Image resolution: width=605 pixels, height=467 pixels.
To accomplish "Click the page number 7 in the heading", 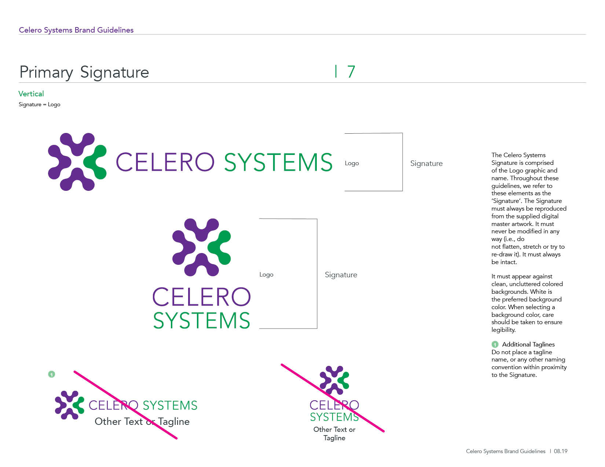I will [351, 72].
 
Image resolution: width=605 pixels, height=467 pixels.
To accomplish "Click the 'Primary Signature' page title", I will [84, 72].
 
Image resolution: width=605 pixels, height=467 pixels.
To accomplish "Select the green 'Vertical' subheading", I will [31, 94].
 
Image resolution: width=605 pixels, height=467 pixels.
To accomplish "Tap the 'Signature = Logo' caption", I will [40, 104].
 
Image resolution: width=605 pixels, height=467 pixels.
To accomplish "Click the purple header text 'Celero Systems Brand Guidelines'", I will [76, 30].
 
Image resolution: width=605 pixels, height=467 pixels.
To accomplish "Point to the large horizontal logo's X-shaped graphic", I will [77, 162].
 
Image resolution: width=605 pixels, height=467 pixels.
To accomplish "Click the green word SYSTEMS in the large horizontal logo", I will [278, 163].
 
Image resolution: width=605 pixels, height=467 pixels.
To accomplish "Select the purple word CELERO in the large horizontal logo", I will [165, 163].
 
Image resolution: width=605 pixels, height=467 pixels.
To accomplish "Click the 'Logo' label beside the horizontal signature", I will [352, 163].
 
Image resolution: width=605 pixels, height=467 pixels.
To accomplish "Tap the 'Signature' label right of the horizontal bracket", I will [426, 163].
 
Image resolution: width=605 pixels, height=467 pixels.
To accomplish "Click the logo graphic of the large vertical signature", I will [201, 247].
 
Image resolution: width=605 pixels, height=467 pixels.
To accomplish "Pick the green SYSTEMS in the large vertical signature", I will [202, 321].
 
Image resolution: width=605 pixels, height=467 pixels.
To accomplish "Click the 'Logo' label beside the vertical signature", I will [266, 275].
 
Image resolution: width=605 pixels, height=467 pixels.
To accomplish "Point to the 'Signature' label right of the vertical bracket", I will [341, 275].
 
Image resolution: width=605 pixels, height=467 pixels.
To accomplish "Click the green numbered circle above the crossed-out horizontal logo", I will [52, 374].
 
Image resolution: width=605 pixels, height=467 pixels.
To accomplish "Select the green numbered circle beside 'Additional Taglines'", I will [495, 344].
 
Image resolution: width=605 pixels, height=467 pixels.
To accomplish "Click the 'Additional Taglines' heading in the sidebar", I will [528, 344].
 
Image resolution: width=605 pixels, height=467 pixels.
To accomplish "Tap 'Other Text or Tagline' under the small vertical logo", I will [334, 434].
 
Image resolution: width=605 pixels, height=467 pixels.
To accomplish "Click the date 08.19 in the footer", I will [561, 451].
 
